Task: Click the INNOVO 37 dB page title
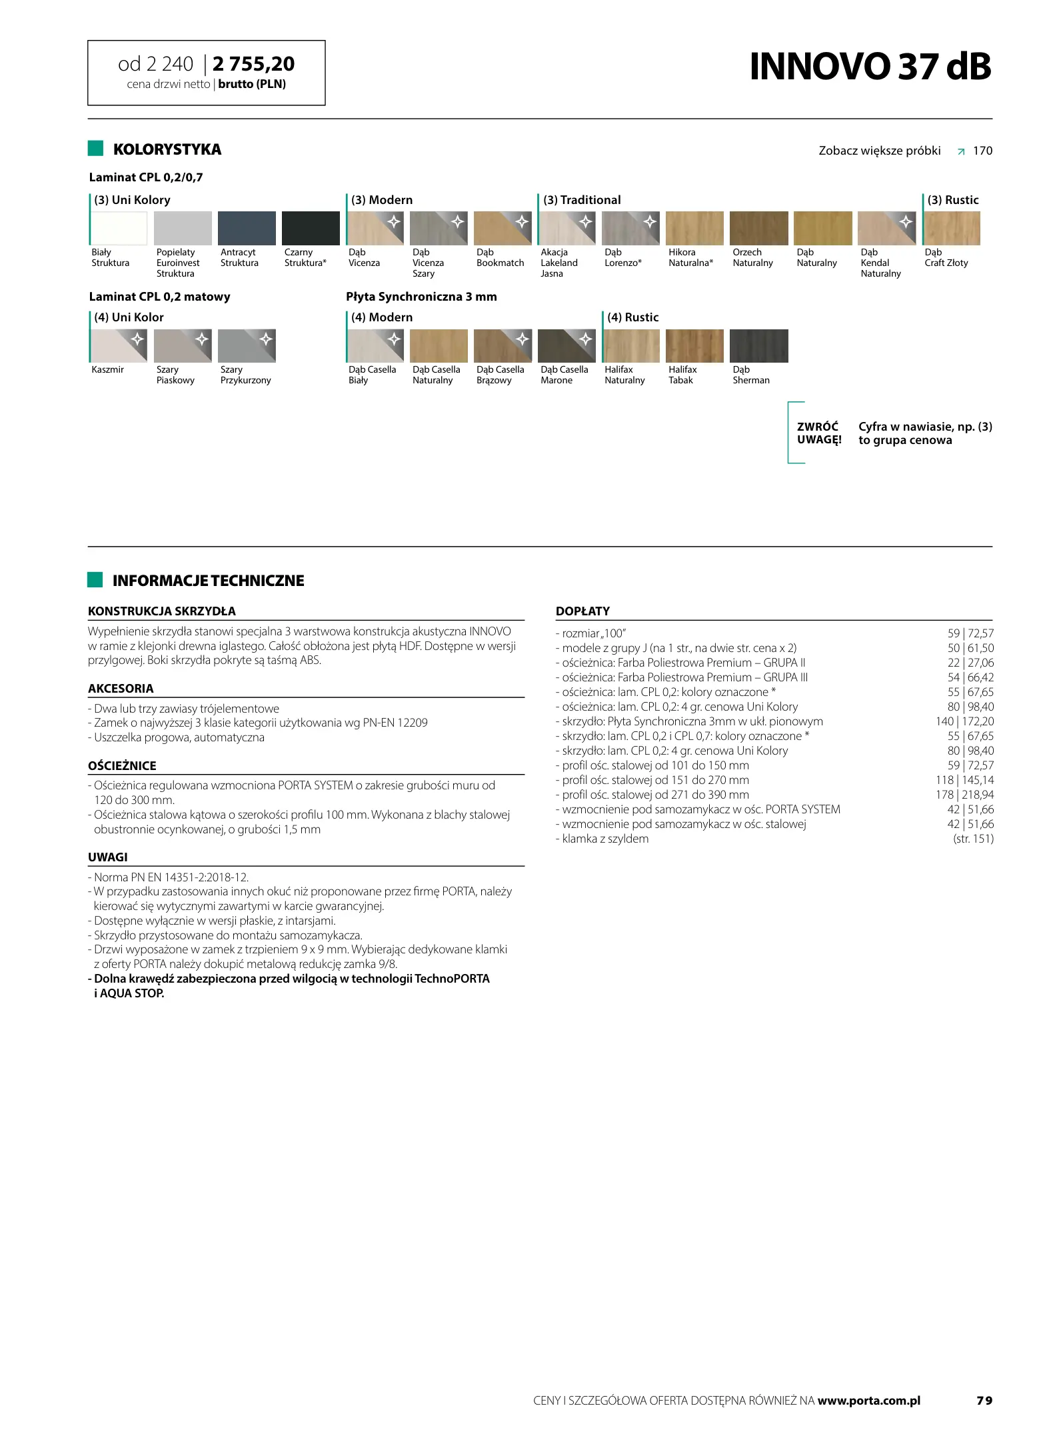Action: click(870, 67)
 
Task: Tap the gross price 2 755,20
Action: click(254, 64)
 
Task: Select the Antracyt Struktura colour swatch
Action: click(246, 228)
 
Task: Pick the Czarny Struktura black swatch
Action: click(310, 228)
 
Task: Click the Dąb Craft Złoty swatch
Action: click(952, 228)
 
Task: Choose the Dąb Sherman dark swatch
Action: click(758, 346)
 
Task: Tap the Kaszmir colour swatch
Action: click(119, 346)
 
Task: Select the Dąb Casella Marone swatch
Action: click(566, 346)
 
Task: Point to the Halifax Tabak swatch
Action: click(694, 346)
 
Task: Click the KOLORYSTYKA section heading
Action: click(167, 149)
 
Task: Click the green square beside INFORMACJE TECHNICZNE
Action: click(95, 580)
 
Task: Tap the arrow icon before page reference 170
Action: click(960, 151)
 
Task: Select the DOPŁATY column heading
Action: click(582, 611)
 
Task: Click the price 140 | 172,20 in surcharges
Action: click(964, 721)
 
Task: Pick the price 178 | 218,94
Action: click(964, 795)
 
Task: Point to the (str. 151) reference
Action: click(973, 839)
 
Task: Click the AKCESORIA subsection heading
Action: click(121, 689)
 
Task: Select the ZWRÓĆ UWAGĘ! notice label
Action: click(818, 433)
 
